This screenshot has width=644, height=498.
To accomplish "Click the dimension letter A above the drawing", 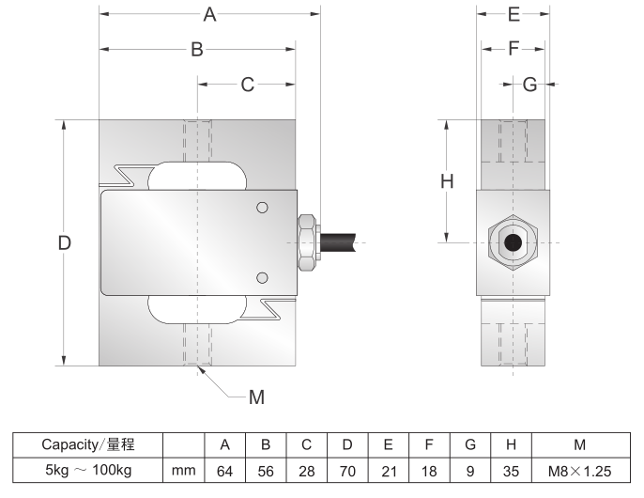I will click(209, 15).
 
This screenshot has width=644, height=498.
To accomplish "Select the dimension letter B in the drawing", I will click(197, 50).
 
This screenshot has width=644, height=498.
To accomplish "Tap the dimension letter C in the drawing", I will click(248, 85).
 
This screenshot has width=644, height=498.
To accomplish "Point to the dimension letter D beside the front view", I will click(64, 242).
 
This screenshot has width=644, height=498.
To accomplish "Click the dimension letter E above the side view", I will click(514, 15).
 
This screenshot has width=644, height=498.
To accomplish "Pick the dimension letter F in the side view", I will click(514, 50).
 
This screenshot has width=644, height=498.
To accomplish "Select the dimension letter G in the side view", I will click(529, 85).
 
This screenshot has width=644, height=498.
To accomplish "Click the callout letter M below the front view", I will click(256, 397).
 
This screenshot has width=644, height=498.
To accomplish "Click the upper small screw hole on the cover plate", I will click(263, 208).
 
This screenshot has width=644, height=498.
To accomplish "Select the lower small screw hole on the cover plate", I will click(263, 276).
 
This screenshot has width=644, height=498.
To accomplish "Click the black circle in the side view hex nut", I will click(513, 242).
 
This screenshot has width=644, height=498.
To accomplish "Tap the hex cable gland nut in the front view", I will click(307, 242).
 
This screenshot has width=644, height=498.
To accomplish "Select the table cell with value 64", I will click(225, 469).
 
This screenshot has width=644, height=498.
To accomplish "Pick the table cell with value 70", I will click(347, 469).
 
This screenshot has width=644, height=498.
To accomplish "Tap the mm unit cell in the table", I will click(184, 469).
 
